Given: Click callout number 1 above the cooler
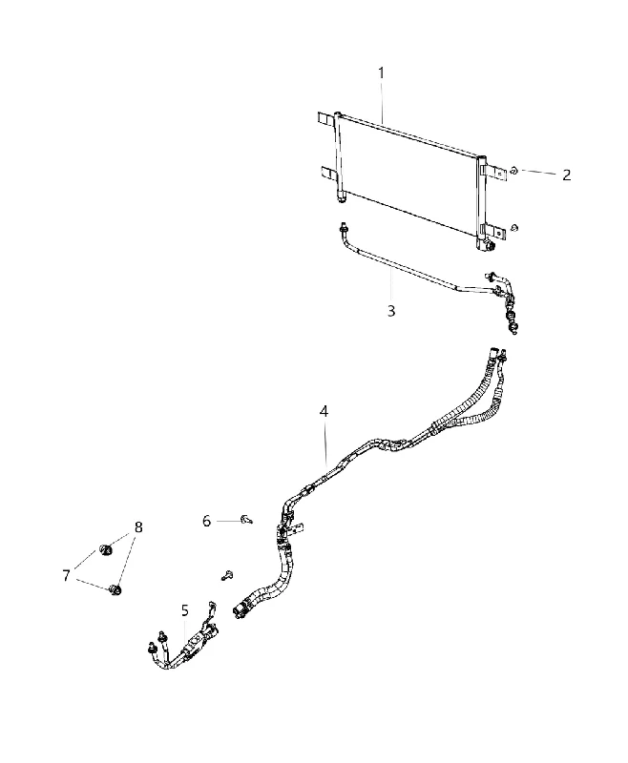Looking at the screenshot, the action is point(381,73).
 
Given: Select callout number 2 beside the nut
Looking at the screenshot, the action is point(566,175).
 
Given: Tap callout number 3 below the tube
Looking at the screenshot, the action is point(391,311).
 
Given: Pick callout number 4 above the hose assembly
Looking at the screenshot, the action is point(324,411).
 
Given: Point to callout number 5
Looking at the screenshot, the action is point(184,609).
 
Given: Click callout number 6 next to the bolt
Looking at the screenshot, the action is point(206,521).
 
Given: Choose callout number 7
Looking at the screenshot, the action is point(66,576).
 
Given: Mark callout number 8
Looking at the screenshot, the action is point(138,527).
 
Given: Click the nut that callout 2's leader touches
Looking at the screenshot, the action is point(513,171).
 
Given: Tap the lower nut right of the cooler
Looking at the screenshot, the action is point(515,227).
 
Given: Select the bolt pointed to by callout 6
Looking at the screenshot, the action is point(247,521).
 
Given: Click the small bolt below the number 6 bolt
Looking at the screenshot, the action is point(227,576).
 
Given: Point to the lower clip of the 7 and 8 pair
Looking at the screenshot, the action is point(115,590).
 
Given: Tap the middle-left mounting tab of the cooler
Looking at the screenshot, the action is point(328,174).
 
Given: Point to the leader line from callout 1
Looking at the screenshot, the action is point(382,102).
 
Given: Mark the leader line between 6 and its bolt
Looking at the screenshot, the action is point(228,521).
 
